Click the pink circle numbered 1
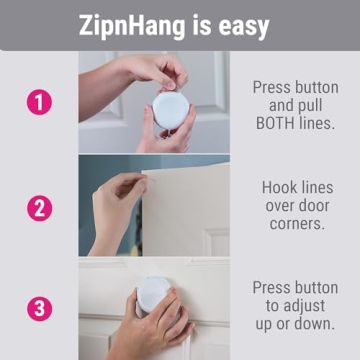[x=38, y=102]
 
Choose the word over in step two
[x=276, y=206]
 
